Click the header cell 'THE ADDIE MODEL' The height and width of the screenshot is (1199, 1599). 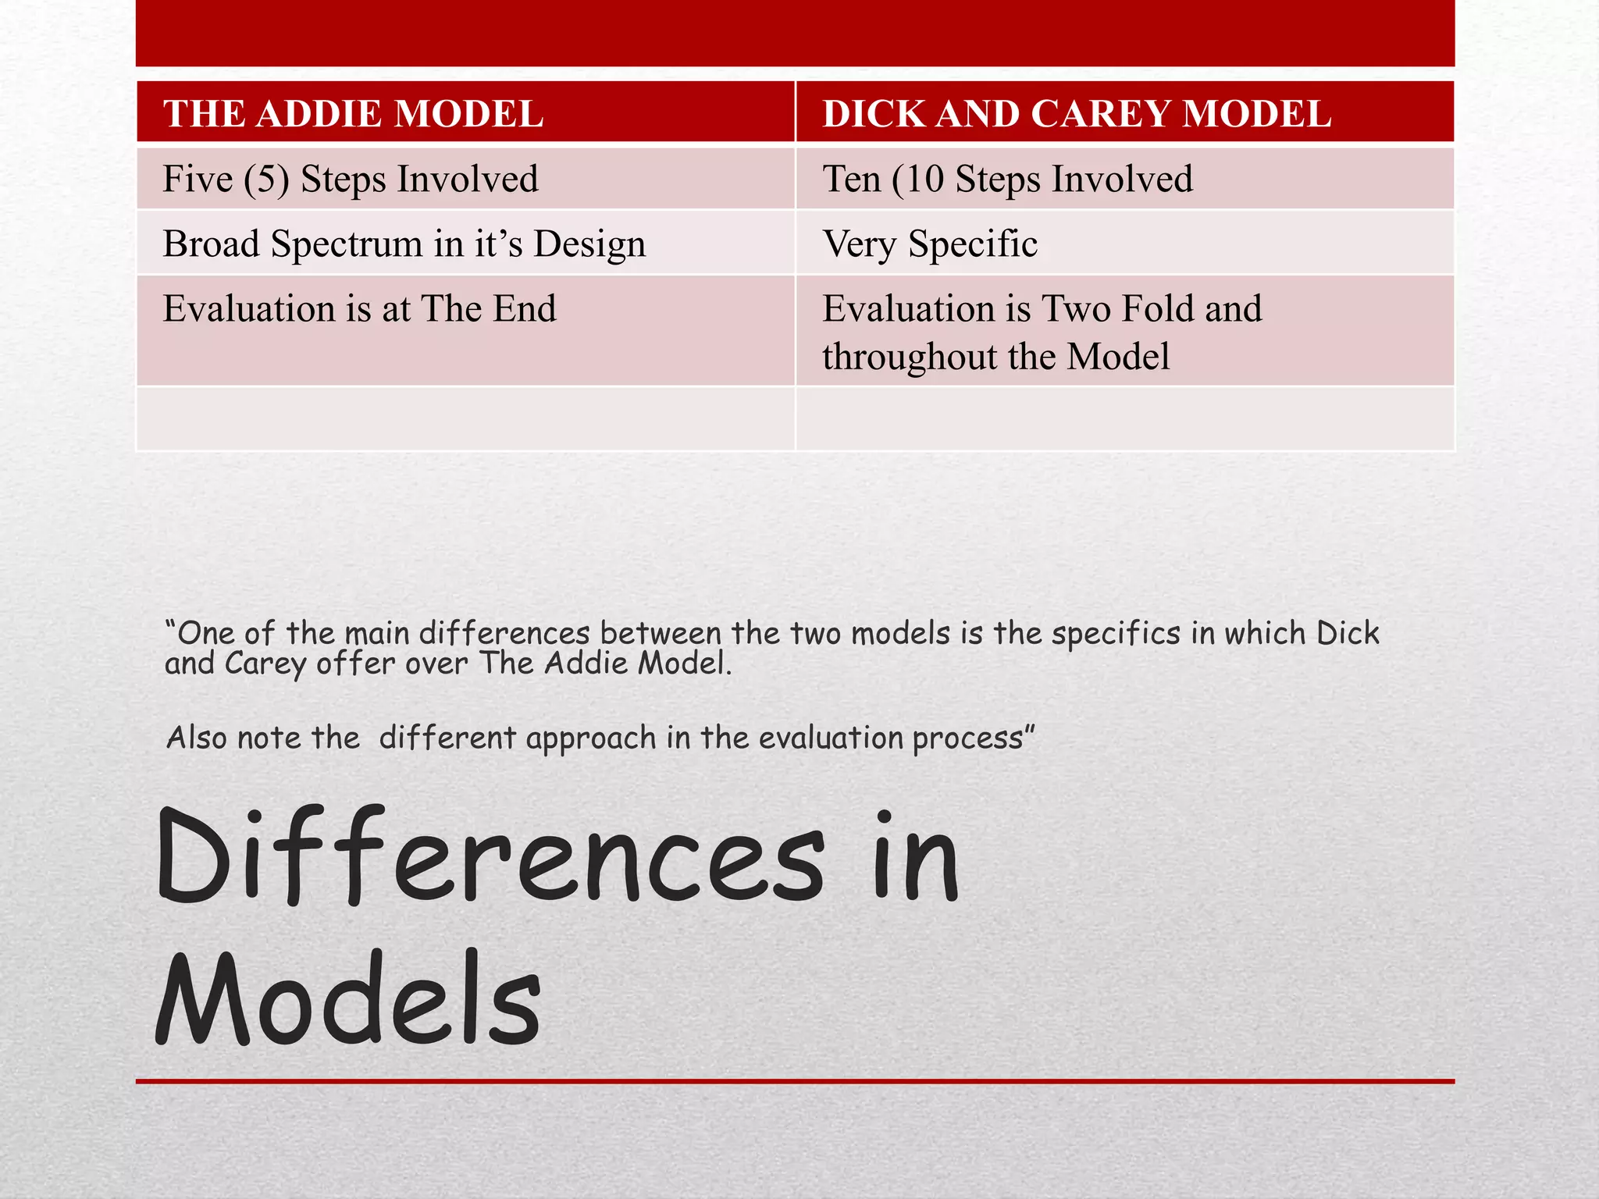click(x=353, y=114)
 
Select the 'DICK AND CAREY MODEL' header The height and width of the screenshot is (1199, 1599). click(x=1077, y=114)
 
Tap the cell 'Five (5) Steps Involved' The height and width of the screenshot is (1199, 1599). click(x=351, y=179)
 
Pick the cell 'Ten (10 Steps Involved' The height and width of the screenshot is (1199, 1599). click(x=1007, y=179)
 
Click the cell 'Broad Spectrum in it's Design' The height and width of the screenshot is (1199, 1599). click(x=404, y=244)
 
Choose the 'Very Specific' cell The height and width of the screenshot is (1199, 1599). click(x=930, y=244)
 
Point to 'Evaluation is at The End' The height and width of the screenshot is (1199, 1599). click(x=359, y=308)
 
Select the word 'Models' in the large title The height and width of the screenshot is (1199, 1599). click(x=348, y=1001)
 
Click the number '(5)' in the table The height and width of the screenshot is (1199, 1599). click(x=266, y=180)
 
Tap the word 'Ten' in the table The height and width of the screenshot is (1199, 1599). click(x=852, y=179)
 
